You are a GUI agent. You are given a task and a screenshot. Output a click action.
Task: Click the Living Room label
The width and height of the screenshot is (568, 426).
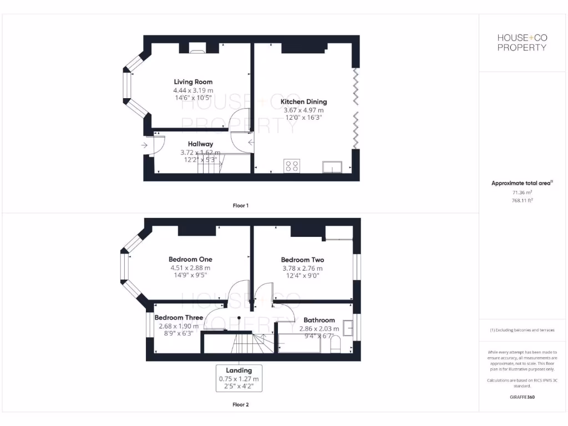point(193,82)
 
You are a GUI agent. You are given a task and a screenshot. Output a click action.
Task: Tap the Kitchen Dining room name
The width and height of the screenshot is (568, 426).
point(303,102)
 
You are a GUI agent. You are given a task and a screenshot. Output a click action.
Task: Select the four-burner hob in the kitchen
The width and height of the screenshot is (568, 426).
point(292,165)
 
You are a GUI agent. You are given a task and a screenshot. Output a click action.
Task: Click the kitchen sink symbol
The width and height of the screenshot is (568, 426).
point(332,166)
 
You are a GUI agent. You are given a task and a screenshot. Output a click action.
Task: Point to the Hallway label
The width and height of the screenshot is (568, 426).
point(200,144)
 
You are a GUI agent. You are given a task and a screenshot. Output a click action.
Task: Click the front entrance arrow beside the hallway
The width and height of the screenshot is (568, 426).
point(145,145)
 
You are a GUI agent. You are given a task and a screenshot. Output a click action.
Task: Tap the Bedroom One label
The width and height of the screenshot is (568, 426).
point(190,259)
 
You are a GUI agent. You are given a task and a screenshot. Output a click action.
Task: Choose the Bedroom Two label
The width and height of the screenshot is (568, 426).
point(302,260)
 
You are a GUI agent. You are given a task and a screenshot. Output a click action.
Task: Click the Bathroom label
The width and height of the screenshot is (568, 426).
point(319,320)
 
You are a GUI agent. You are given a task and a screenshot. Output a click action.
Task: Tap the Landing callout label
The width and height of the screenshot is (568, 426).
point(239,371)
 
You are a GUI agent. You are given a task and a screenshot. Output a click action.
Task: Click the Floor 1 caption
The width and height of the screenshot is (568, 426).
point(240,205)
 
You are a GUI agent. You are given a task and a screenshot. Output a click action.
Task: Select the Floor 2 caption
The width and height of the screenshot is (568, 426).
point(240,404)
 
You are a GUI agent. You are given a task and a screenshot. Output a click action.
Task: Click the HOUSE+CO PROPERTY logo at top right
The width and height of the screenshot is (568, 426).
point(521,42)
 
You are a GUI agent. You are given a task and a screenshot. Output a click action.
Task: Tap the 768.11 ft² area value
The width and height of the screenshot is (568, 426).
point(521,200)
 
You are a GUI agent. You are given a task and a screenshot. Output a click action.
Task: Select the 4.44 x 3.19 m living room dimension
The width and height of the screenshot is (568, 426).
point(193,90)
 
